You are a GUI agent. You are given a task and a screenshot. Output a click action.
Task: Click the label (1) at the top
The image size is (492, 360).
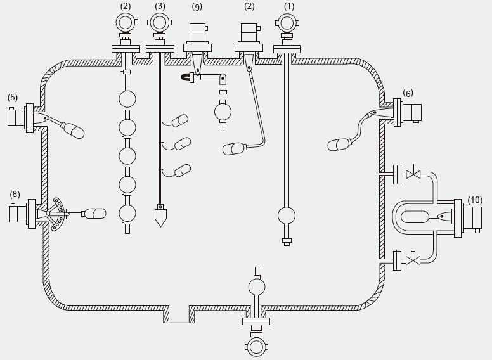[289, 6]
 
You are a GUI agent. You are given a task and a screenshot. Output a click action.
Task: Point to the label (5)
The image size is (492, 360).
[13, 98]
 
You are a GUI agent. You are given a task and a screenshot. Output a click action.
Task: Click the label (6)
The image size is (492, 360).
[408, 93]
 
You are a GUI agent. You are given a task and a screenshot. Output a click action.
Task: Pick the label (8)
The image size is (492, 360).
[15, 194]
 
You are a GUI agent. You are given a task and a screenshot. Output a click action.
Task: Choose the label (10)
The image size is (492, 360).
[475, 200]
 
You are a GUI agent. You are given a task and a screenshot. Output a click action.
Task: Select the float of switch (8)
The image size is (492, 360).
[95, 214]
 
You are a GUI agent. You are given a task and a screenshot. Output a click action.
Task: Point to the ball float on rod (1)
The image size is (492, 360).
[287, 215]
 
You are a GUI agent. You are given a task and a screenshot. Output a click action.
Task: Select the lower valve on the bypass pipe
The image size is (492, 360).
[413, 260]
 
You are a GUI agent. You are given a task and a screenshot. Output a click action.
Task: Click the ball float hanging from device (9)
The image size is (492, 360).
[223, 112]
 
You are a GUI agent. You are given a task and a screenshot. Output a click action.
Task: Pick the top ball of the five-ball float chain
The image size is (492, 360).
[128, 100]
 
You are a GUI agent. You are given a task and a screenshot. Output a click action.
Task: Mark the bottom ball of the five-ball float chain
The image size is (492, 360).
[128, 213]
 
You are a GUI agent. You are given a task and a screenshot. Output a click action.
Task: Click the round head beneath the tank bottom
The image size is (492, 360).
[256, 347]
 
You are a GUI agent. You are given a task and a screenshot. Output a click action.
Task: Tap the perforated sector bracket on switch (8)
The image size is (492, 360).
[59, 213]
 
